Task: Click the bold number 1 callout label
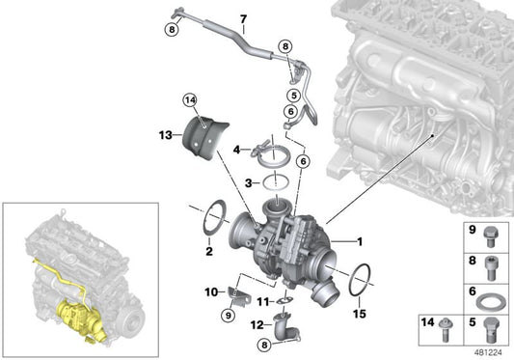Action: pyautogui.click(x=361, y=241)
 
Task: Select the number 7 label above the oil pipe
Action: pyautogui.click(x=243, y=19)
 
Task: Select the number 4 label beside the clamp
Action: pyautogui.click(x=236, y=150)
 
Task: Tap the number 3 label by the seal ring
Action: pyautogui.click(x=247, y=182)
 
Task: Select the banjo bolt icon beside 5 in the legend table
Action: pyautogui.click(x=491, y=325)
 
